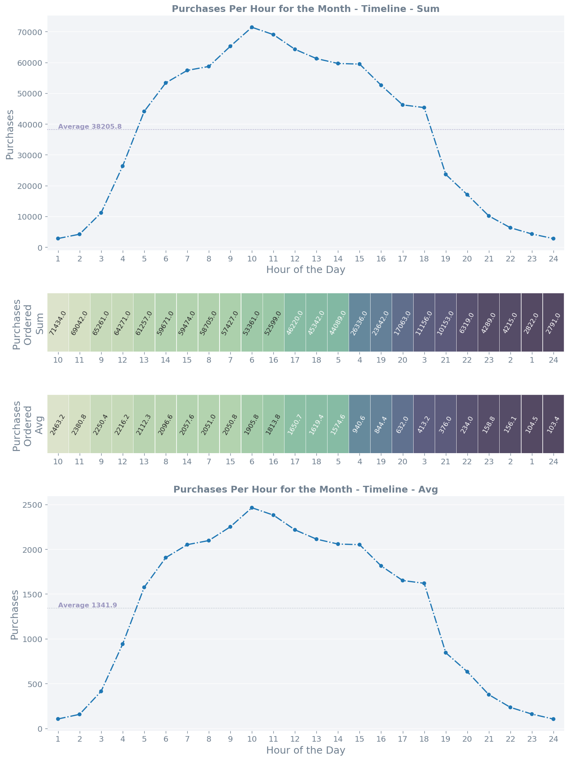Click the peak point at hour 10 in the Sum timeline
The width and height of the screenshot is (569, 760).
pos(251,27)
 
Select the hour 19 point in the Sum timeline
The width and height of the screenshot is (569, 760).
pos(445,175)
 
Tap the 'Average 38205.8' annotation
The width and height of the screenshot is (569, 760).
pos(90,127)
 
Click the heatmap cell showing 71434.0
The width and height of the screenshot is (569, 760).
pos(58,322)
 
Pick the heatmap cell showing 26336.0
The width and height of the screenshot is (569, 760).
pos(359,322)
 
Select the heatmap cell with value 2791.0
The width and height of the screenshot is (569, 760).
pos(553,322)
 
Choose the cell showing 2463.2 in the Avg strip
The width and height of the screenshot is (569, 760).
pos(58,424)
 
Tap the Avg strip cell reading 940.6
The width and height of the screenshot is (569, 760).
pos(359,424)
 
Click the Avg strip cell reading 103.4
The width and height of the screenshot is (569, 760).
pos(553,424)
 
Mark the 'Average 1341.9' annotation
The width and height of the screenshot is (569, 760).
pos(87,605)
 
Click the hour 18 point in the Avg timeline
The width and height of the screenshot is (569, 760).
pos(424,583)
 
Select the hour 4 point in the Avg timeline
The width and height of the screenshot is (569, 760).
pos(123,644)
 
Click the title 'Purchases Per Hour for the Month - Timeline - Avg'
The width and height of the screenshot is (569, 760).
pos(306,489)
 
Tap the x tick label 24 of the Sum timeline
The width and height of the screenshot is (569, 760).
pos(553,258)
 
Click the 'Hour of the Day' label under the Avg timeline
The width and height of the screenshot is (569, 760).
pos(306,750)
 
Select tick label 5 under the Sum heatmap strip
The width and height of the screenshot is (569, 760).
pos(338,360)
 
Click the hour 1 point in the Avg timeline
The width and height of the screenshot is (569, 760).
pos(58,719)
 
